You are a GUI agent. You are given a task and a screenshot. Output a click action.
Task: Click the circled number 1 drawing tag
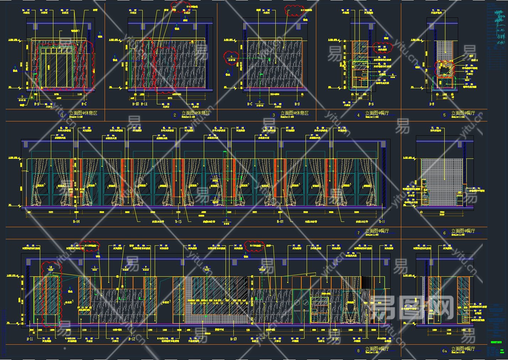63,115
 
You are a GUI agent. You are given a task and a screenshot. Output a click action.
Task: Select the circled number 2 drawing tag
175,115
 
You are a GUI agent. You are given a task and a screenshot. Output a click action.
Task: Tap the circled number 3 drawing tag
274,115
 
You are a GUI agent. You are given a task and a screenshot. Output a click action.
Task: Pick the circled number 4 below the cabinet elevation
358,115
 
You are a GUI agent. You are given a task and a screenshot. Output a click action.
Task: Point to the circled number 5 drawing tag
444,115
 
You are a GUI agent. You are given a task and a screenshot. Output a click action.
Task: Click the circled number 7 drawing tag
358,233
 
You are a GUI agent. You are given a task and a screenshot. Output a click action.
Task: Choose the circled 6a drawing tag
444,351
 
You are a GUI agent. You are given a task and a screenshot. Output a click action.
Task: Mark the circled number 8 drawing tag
358,351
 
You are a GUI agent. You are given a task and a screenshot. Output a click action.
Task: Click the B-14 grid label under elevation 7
76,221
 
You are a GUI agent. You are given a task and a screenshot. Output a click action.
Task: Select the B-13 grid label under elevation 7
178,221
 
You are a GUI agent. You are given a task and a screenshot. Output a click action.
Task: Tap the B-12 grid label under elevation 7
280,221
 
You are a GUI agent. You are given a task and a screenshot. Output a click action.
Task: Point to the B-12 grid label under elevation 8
131,339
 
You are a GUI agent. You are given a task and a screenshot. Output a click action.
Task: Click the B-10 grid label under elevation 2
136,104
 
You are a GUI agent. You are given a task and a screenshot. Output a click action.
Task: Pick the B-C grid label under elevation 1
84,104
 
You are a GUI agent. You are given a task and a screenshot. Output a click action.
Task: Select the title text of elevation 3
294,113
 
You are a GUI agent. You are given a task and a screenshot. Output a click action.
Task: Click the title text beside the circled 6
463,231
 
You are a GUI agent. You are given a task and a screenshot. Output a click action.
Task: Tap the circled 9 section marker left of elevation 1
22,96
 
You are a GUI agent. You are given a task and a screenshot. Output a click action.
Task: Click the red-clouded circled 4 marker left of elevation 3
231,57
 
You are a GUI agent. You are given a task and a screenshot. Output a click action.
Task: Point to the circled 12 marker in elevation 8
50,267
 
